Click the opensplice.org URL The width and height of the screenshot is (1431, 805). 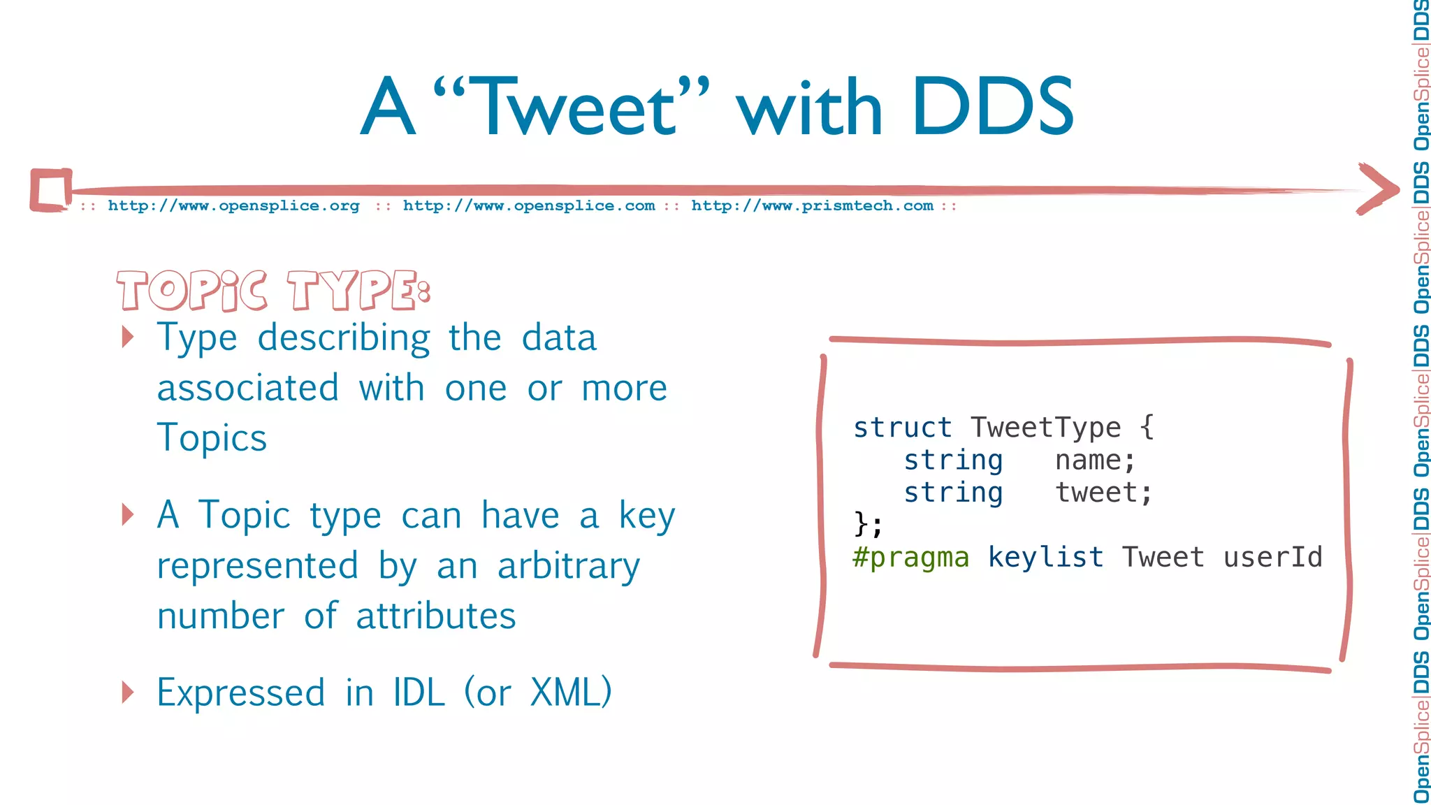pyautogui.click(x=233, y=206)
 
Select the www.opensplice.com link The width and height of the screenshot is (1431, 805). pyautogui.click(x=529, y=206)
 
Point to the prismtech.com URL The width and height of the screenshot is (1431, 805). pyautogui.click(x=812, y=206)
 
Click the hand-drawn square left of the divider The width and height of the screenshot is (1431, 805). pyautogui.click(x=51, y=189)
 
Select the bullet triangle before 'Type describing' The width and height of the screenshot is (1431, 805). pyautogui.click(x=127, y=337)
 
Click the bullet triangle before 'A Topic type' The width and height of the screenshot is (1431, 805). pyautogui.click(x=127, y=514)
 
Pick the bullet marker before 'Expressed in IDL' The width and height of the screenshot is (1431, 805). pyautogui.click(x=127, y=692)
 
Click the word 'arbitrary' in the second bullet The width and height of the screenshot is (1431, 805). pyautogui.click(x=568, y=566)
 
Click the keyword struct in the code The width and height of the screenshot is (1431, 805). pyautogui.click(x=902, y=428)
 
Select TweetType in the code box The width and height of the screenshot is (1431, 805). pyautogui.click(x=1045, y=428)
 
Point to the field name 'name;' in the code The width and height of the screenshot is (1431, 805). pyautogui.click(x=1095, y=460)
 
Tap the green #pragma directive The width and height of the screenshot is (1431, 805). pyautogui.click(x=910, y=558)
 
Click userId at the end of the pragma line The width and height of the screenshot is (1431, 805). pyautogui.click(x=1272, y=558)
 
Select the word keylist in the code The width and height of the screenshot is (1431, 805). pyautogui.click(x=1045, y=558)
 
